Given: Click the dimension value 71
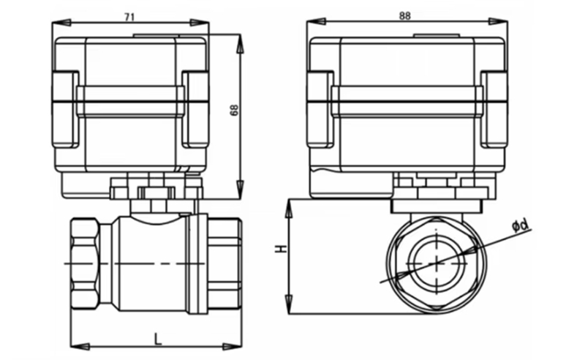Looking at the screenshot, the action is [x=129, y=17].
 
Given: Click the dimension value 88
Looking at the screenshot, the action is [x=404, y=15].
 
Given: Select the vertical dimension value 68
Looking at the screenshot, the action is [x=234, y=110].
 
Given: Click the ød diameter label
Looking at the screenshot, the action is [x=521, y=225].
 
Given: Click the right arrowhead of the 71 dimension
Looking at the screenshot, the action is [x=200, y=23].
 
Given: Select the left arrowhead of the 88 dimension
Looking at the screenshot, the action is [x=316, y=22].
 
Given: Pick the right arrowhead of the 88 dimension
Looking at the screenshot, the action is [x=498, y=22].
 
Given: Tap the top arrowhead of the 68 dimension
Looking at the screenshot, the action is [x=241, y=44].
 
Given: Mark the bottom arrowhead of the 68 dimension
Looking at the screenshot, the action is [x=241, y=189].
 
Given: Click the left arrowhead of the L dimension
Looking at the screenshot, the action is [x=80, y=347].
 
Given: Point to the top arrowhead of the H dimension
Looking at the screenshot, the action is [x=289, y=209].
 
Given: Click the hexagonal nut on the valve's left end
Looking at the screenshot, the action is [x=85, y=263].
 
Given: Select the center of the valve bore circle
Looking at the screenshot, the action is [x=436, y=263].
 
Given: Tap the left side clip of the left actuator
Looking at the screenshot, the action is [x=65, y=109].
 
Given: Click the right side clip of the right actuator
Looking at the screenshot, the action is [x=494, y=109].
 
